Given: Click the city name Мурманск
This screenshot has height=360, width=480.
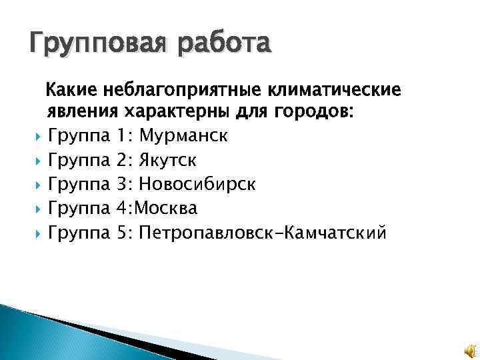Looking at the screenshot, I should [184, 137].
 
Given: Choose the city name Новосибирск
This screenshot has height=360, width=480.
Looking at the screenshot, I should [198, 185].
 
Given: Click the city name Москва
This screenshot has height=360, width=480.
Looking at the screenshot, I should [166, 209].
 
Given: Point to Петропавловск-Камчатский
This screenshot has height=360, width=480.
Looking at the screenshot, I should [262, 233].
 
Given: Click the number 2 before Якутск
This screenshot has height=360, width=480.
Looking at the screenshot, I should [121, 161].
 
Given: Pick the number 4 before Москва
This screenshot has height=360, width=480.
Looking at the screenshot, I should [121, 209].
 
